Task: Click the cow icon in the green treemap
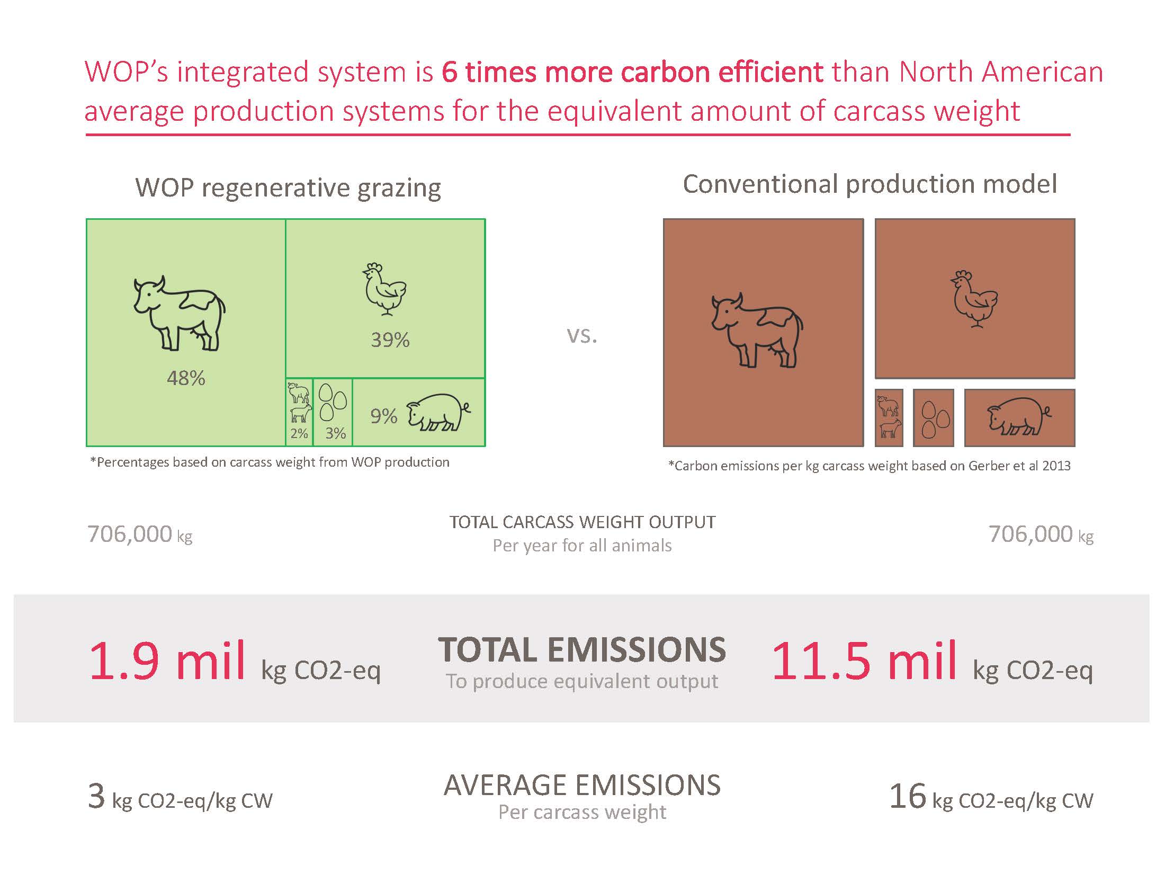click(179, 313)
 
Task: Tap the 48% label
click(186, 378)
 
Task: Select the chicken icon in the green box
click(385, 289)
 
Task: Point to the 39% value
click(390, 340)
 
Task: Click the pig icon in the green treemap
click(438, 412)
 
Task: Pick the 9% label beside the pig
click(384, 416)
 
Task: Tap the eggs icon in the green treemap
click(333, 403)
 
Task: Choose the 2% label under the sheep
click(299, 434)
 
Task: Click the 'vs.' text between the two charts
click(582, 335)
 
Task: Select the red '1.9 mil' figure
click(167, 661)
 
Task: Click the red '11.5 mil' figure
click(864, 661)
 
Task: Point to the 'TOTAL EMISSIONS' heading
click(582, 650)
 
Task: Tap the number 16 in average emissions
click(908, 796)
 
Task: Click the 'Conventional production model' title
click(870, 184)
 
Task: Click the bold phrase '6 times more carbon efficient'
click(632, 72)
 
